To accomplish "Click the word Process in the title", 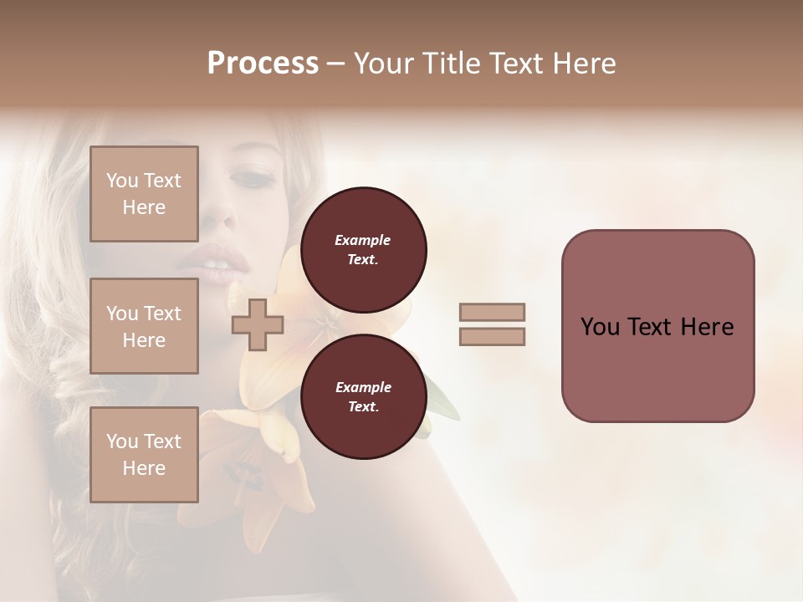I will click(263, 64).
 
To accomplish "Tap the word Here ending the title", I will click(583, 64).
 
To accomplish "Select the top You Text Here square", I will click(144, 194).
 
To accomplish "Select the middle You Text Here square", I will click(144, 326).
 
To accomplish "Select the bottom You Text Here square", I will click(144, 455).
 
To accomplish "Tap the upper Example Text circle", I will click(363, 249).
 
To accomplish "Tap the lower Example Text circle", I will click(363, 396).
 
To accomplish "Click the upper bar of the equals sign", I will click(492, 312).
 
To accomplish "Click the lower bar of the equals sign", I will click(492, 337).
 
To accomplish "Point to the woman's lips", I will click(209, 263).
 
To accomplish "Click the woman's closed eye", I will click(253, 178).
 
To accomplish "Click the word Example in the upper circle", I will click(363, 240).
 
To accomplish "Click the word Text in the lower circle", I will click(363, 407).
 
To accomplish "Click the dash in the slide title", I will click(336, 64).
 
